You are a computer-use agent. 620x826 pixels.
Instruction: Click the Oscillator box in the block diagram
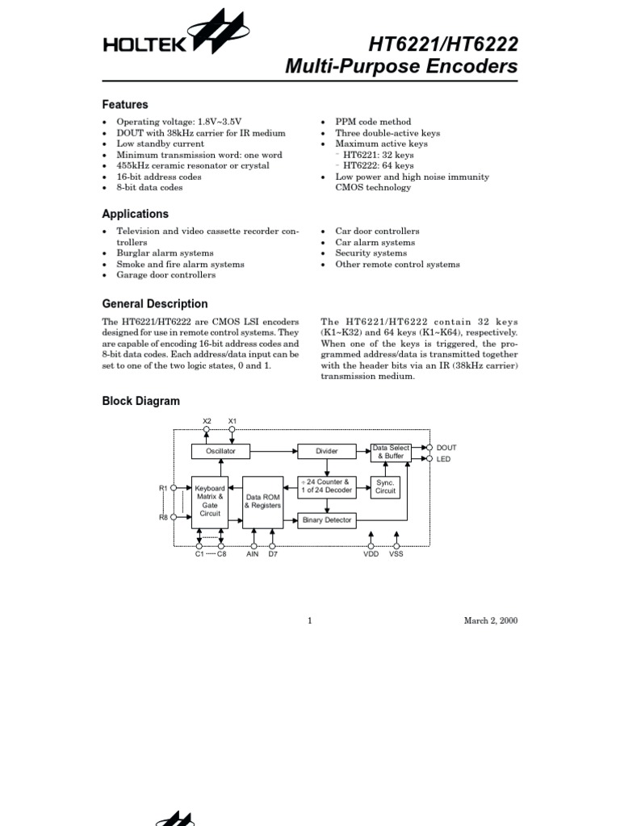[220, 452]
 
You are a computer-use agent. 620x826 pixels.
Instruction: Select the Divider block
[326, 452]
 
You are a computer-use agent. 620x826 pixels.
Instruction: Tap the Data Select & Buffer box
[390, 452]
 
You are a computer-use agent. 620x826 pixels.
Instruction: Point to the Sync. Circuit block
[386, 486]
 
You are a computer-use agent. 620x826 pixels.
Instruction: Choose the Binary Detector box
[326, 520]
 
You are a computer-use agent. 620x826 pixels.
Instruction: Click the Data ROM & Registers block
[262, 501]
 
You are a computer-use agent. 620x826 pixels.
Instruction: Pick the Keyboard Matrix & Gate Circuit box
[209, 501]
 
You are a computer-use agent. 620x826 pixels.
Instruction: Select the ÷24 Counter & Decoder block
[326, 486]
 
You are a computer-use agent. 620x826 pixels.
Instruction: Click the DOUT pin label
[446, 448]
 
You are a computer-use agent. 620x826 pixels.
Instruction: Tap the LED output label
[443, 459]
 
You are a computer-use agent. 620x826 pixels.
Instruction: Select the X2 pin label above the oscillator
[207, 421]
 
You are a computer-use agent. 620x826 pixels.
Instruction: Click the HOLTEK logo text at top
[145, 47]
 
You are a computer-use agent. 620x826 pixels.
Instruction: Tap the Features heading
[125, 105]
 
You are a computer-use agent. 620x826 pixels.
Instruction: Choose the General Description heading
[154, 304]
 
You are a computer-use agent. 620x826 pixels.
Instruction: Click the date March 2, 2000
[490, 620]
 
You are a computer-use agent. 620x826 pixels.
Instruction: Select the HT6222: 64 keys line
[378, 165]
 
